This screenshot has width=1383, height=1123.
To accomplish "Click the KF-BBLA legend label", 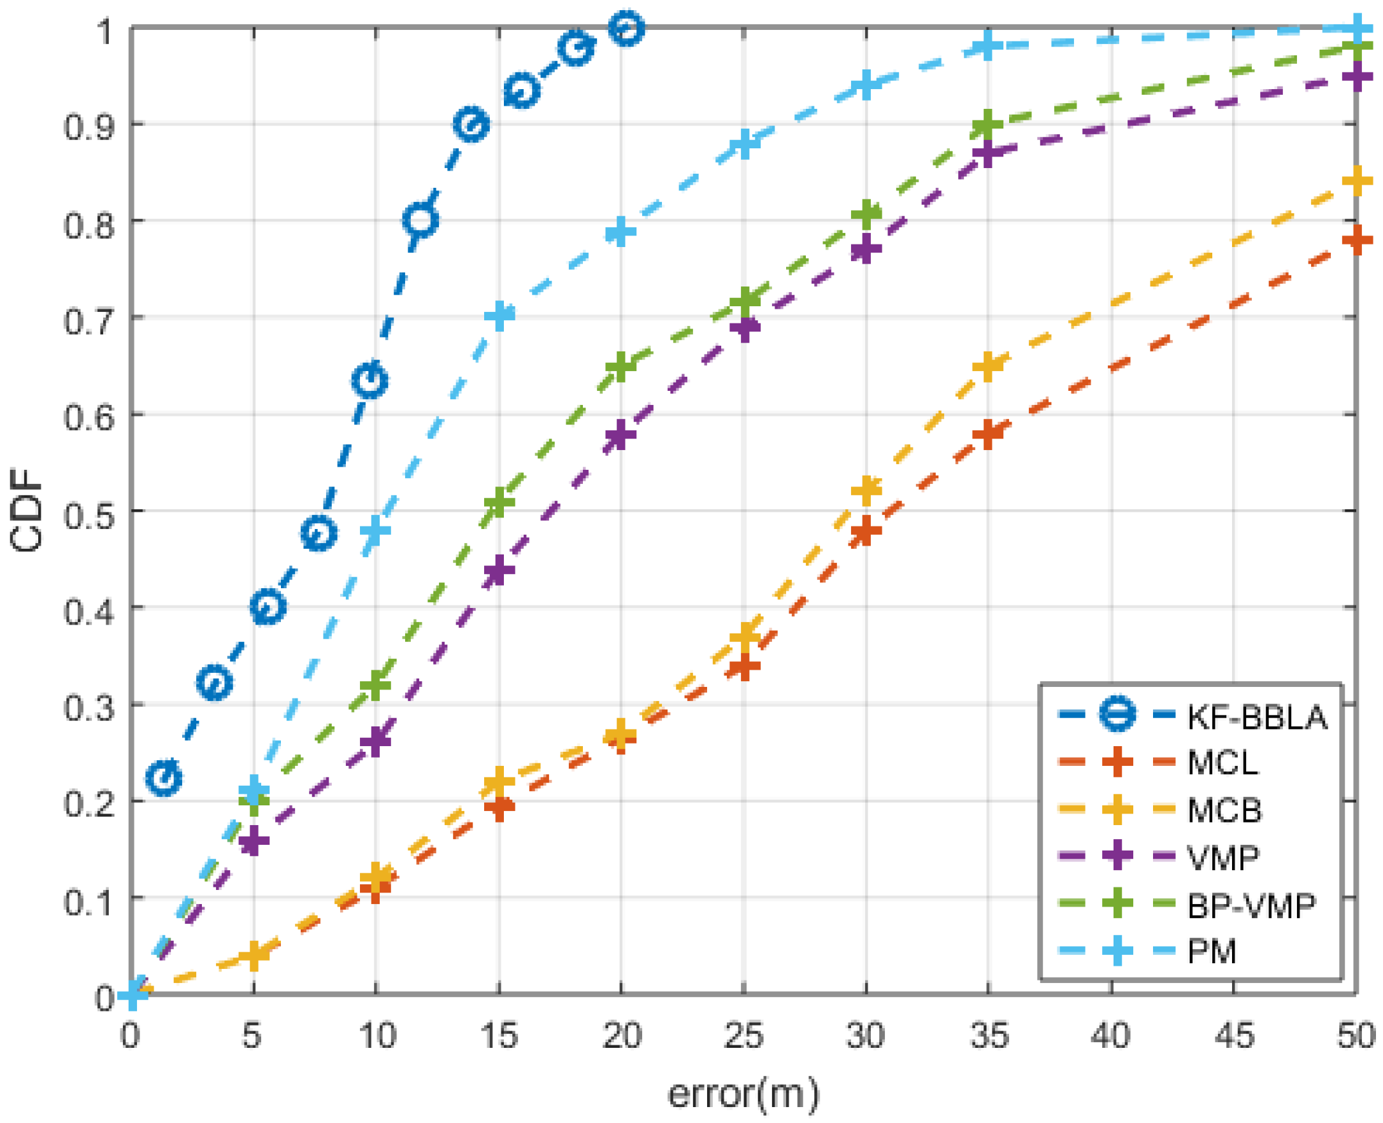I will point(1256,717).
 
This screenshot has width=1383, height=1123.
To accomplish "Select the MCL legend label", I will point(1222,763).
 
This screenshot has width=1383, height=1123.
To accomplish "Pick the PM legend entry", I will point(1212,952).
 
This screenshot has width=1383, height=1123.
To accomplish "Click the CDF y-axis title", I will point(27,511).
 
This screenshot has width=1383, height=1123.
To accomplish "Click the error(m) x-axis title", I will point(743,1093).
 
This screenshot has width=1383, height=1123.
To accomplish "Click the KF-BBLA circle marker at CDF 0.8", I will point(420,220).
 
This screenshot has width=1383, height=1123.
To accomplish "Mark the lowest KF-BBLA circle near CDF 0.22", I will point(164,777).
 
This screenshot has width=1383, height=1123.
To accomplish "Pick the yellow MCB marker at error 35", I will point(988,366).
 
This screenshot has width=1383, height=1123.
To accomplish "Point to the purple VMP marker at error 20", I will point(620,435).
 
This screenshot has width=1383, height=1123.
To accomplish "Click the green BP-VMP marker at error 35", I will point(987,124).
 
